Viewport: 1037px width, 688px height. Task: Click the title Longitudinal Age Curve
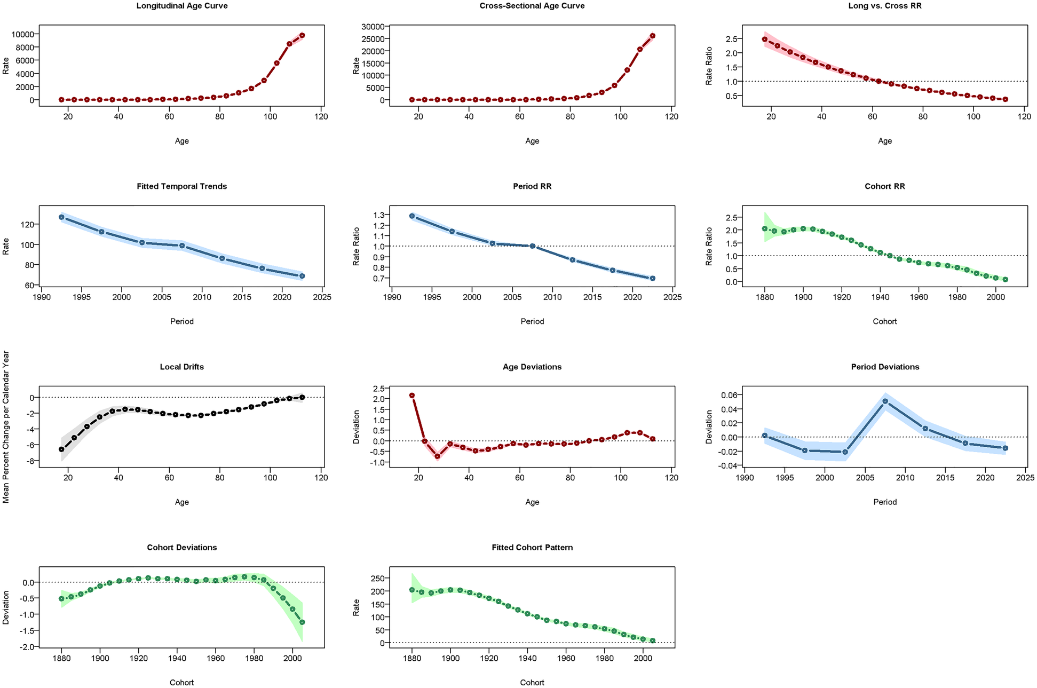point(181,6)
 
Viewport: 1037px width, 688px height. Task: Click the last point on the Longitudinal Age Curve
point(302,35)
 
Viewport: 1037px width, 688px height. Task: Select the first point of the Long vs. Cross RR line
point(764,39)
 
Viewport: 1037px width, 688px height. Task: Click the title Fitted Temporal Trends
point(181,186)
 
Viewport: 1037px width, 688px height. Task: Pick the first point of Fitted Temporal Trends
point(61,217)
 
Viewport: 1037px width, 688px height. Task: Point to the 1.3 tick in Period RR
point(379,215)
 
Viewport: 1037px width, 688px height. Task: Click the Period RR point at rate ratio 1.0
point(532,246)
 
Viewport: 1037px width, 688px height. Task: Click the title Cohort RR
point(884,186)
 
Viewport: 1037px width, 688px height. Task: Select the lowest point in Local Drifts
point(61,449)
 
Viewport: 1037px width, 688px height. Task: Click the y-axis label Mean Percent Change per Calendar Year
point(6,426)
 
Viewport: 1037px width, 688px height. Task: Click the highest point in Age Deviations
point(411,396)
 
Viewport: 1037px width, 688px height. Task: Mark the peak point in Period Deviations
point(885,401)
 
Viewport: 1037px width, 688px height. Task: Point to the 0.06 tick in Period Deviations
point(729,395)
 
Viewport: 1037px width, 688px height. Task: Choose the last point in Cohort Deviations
point(302,622)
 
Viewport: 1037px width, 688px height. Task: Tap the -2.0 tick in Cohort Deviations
point(26,646)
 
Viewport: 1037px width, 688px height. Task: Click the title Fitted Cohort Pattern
point(532,548)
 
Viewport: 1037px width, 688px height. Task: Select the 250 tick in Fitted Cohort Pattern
point(377,578)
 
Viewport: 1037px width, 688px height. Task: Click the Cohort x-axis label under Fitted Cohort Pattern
point(532,683)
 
